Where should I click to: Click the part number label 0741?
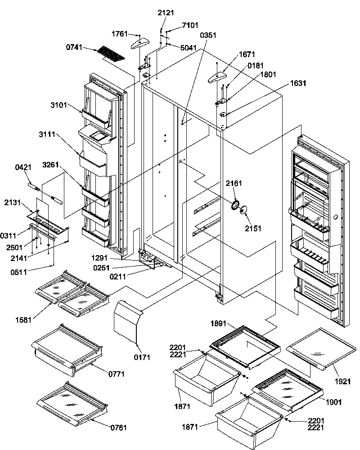[x=75, y=47]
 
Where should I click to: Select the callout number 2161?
[x=234, y=183]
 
